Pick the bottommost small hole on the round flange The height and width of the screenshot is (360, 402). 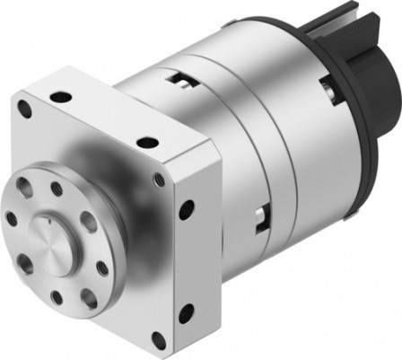(57, 296)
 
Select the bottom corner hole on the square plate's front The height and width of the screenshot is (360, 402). (158, 340)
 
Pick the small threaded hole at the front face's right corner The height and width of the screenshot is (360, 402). (159, 180)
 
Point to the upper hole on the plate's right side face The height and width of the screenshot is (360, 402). (187, 209)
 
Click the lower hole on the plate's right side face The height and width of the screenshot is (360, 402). (186, 312)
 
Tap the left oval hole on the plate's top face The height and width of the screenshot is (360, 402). (60, 96)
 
